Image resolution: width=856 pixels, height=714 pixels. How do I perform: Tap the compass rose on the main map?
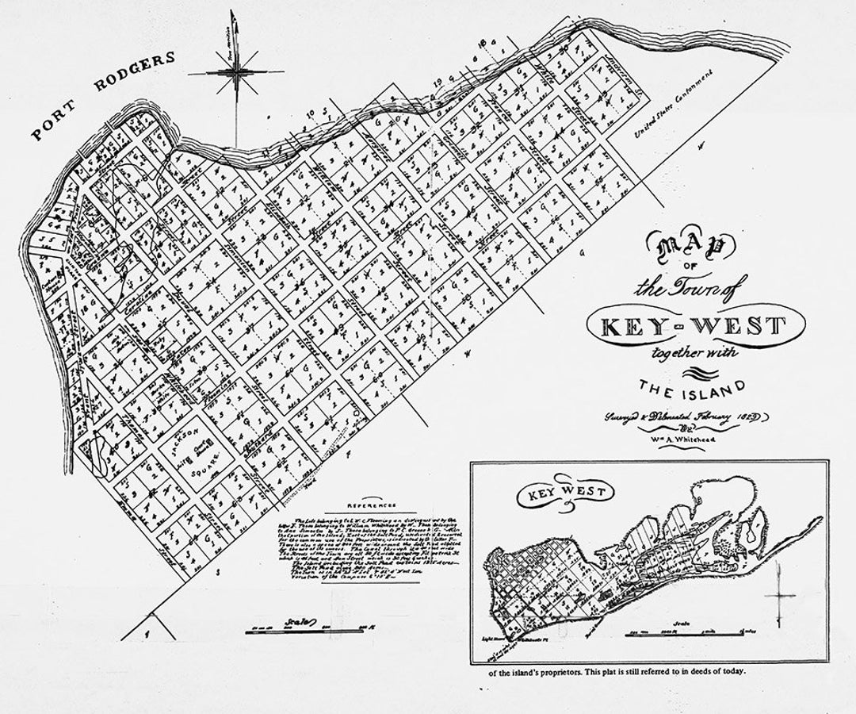(x=235, y=73)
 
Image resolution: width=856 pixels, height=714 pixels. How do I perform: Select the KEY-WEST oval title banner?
(x=686, y=326)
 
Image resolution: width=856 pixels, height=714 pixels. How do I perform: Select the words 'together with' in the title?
(x=688, y=355)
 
